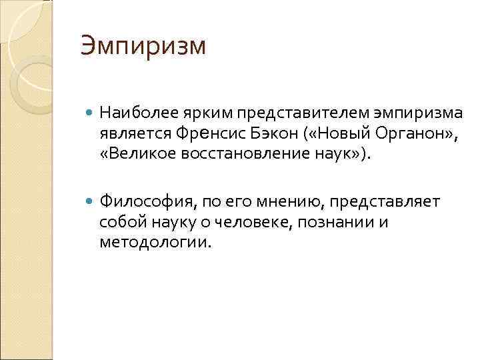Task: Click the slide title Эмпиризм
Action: pos(143,47)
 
